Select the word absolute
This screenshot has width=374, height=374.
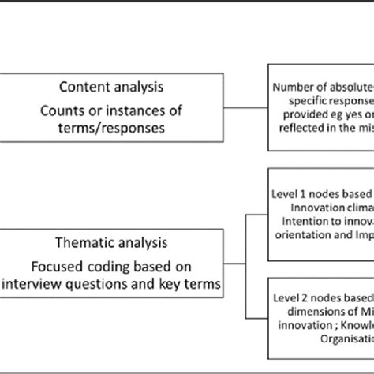click(350, 88)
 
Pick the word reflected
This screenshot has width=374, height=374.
click(307, 129)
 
